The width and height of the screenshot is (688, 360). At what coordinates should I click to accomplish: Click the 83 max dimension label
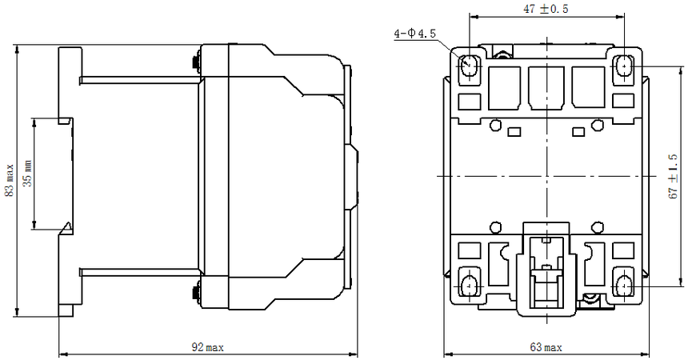[10, 181]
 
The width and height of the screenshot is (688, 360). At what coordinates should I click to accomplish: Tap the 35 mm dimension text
[28, 173]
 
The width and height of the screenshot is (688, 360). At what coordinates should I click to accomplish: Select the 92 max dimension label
[207, 348]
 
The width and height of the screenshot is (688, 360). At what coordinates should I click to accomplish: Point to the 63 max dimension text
[546, 348]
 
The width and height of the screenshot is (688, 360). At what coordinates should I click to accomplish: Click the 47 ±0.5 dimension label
[546, 8]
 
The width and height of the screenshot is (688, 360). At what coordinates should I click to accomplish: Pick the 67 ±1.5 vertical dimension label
[673, 177]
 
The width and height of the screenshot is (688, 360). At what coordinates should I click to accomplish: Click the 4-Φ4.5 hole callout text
[415, 34]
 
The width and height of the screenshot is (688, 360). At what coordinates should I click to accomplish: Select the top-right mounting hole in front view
[623, 66]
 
